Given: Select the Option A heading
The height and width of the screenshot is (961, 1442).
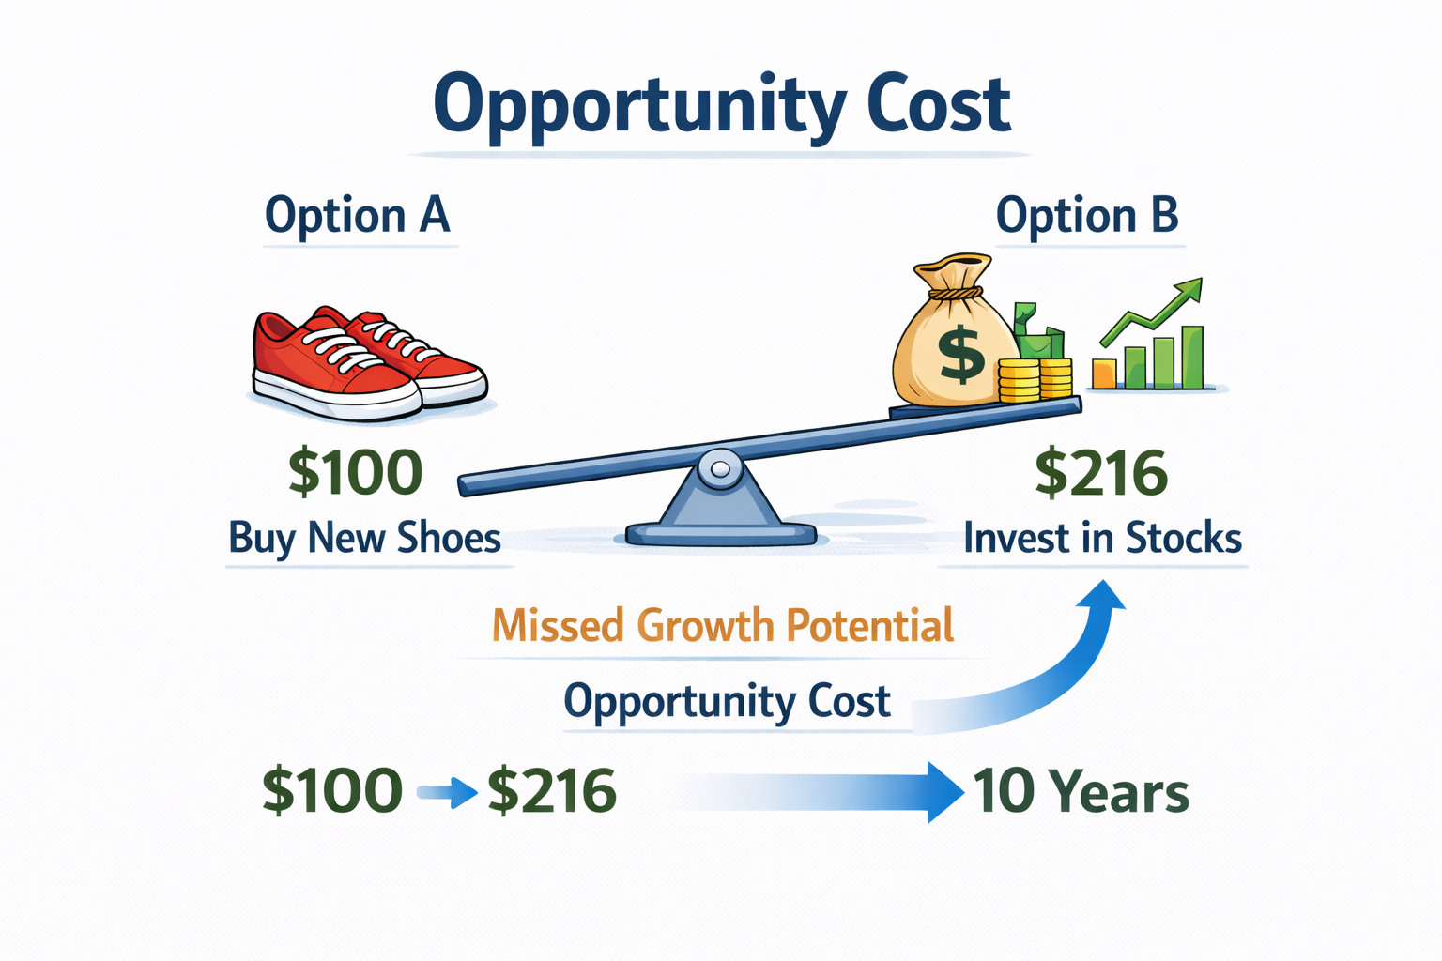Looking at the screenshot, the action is click(x=358, y=215).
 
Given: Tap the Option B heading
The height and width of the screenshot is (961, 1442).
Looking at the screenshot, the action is click(x=1087, y=215).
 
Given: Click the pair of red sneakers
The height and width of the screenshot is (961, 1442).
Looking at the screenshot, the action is click(x=369, y=364).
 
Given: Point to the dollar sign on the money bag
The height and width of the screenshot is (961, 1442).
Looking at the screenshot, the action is click(x=961, y=353).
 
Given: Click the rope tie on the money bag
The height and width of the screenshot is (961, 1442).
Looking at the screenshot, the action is click(x=956, y=293).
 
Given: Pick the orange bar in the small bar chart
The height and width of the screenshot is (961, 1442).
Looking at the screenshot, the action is click(x=1105, y=374).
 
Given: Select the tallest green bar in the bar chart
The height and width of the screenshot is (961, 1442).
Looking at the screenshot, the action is click(x=1192, y=358).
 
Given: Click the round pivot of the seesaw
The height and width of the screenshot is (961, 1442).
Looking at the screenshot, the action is click(x=719, y=468).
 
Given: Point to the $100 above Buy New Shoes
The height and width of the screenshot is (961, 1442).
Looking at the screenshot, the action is click(x=356, y=473).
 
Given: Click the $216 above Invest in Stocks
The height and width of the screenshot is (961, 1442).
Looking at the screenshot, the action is click(x=1101, y=473).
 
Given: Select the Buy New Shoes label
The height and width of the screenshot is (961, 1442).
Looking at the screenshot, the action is click(x=365, y=538).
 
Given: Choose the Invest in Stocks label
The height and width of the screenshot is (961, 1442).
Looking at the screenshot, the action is click(x=1103, y=538).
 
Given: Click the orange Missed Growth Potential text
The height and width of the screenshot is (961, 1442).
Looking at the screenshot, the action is click(x=723, y=625).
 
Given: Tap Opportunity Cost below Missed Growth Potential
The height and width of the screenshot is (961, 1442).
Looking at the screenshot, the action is click(x=728, y=701).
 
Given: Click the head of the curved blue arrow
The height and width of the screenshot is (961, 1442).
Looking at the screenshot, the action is click(x=1101, y=595).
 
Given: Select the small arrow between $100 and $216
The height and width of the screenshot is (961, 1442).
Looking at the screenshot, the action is click(x=447, y=792).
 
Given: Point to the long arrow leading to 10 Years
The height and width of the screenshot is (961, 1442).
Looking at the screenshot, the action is click(x=824, y=792).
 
